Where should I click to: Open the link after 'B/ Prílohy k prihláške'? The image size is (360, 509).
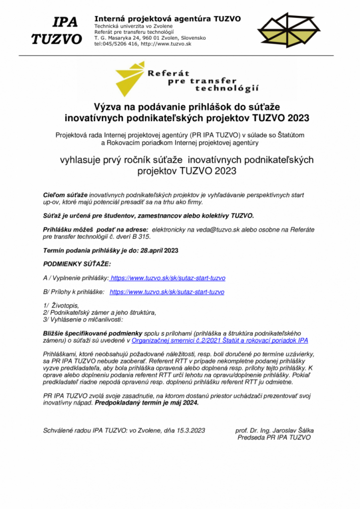coord(167,292)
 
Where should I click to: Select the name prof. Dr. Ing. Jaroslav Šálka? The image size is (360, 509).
coord(274,430)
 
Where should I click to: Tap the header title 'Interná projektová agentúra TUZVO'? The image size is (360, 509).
coord(167,18)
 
